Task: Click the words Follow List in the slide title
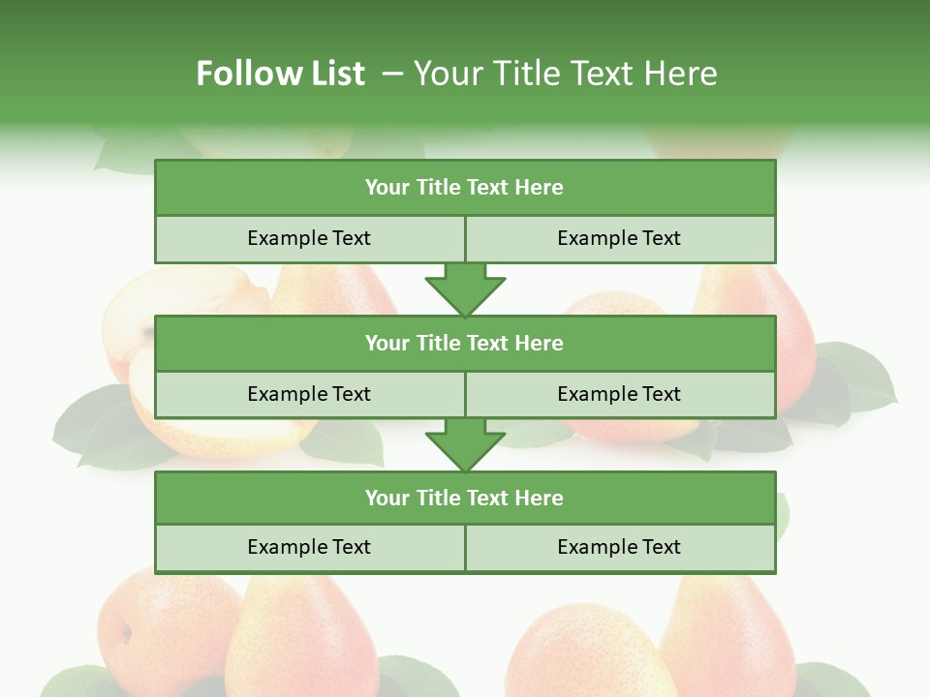point(280,74)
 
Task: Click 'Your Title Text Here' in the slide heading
point(565,74)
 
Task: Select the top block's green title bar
point(465,188)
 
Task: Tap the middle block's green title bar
point(465,343)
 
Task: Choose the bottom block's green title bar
point(465,498)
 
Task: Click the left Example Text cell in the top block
point(309,238)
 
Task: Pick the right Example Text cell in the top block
point(619,238)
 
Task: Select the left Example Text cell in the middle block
point(309,394)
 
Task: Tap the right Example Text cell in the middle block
point(619,394)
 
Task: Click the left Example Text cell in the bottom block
point(309,547)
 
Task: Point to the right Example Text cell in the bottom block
point(619,547)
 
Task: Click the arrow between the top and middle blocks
point(465,289)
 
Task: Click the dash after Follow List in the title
point(393,74)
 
